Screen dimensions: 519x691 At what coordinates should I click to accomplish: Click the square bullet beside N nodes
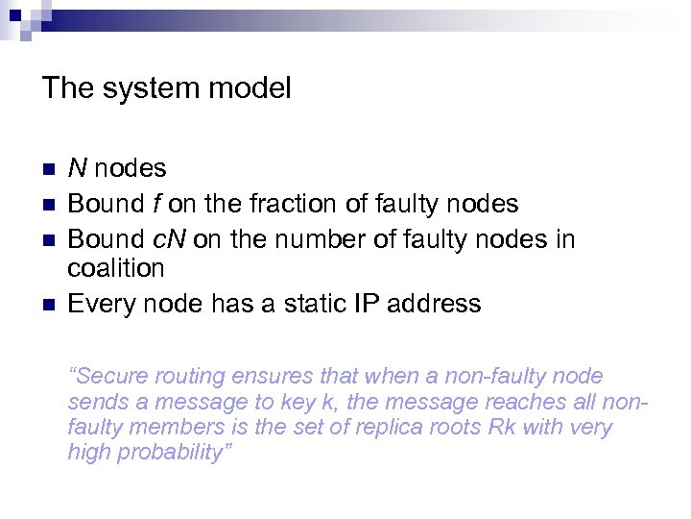(51, 169)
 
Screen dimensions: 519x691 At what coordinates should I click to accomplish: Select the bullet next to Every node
(51, 305)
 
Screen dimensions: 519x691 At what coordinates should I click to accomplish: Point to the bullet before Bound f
(51, 205)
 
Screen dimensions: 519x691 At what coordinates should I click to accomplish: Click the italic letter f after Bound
(154, 204)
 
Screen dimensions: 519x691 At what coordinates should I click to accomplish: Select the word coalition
(116, 268)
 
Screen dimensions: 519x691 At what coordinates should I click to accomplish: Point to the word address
(431, 304)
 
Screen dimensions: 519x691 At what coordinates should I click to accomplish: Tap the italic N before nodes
(78, 168)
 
